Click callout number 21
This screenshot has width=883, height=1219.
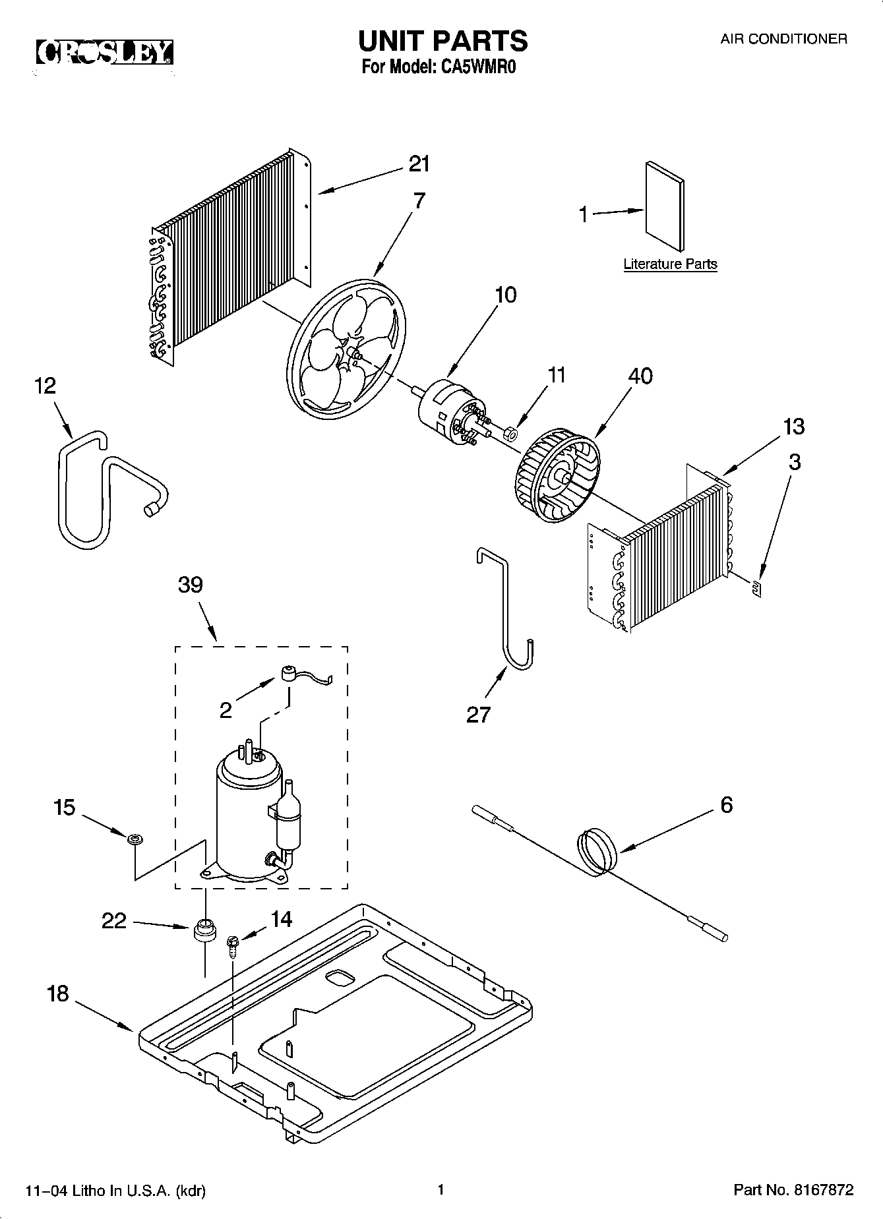419,164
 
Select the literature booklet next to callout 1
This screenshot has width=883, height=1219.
664,206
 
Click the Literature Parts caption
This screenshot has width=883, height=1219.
670,264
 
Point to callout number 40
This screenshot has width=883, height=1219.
640,376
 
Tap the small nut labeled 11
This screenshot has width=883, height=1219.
510,433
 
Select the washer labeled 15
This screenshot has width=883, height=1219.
135,839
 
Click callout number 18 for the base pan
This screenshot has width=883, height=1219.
58,994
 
